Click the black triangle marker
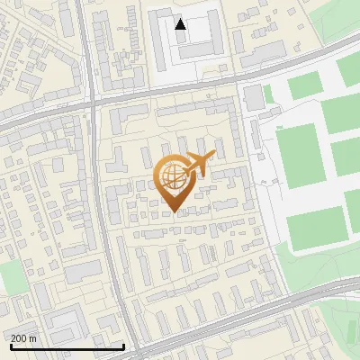181,24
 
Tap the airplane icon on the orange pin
198,164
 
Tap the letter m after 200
32,337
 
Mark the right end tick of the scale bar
122,345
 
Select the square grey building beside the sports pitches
253,94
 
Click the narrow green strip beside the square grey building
267,93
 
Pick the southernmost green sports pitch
316,228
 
